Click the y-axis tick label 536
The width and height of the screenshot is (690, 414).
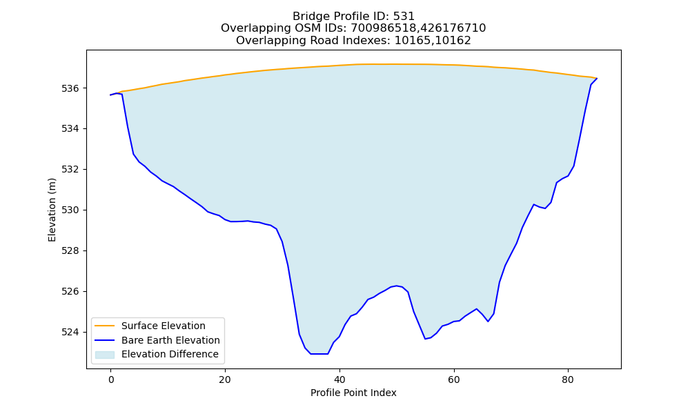70,88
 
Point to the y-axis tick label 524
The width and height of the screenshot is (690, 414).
70,332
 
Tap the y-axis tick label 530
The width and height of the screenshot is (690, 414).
70,210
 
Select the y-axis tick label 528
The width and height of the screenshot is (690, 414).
70,250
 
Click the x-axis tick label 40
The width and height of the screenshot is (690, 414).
339,379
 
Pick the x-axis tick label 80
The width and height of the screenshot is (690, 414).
568,379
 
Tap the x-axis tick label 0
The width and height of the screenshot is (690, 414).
111,379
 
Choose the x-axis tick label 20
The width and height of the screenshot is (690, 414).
225,379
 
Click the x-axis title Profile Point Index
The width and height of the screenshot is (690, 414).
353,393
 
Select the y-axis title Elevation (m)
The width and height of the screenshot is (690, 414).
52,210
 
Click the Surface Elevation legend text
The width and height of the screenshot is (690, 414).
164,326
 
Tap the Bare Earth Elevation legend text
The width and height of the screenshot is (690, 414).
170,340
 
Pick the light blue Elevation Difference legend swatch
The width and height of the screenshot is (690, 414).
105,355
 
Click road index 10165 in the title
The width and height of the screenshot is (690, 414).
412,41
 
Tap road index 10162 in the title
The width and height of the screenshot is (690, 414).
453,41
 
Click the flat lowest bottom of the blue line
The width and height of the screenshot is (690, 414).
319,354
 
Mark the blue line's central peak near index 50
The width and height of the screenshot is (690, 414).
397,286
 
